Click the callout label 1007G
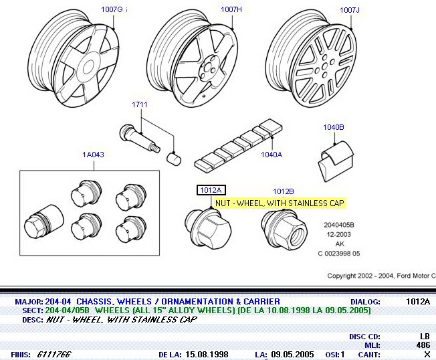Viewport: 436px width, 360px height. pos(112,9)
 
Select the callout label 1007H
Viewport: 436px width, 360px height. pos(231,9)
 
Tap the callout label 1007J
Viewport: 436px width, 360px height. pos(349,9)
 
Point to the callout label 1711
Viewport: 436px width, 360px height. pos(138,105)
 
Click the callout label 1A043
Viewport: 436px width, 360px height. pos(93,155)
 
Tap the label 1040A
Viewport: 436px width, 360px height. pos(271,155)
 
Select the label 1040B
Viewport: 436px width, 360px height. pos(333,127)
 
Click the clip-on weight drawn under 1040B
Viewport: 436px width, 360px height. pos(333,159)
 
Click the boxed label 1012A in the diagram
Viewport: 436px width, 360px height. pos(210,190)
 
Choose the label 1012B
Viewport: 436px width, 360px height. pos(284,191)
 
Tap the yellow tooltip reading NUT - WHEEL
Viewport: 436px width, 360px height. pos(280,203)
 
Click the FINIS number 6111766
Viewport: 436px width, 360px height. pos(54,354)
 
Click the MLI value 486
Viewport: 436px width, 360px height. pos(424,345)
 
